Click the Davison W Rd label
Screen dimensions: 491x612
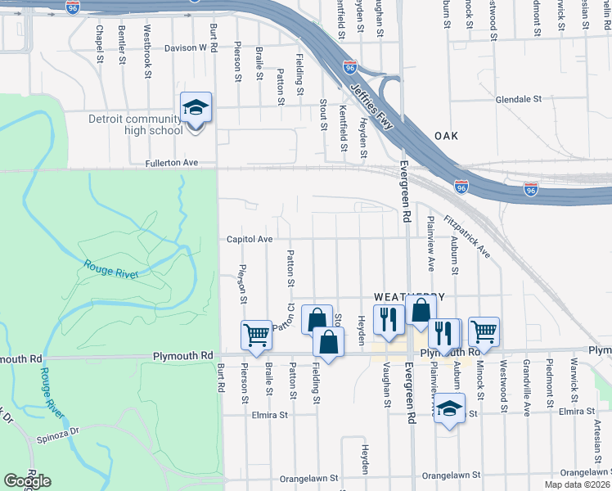coord(187,48)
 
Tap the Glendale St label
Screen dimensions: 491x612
coord(519,99)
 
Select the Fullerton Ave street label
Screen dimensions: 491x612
coord(172,163)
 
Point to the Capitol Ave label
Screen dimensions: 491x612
coord(250,239)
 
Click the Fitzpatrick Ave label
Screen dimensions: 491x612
coord(466,237)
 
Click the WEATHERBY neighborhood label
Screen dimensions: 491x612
coord(409,296)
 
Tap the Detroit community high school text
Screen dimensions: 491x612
coord(135,124)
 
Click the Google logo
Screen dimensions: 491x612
coord(28,481)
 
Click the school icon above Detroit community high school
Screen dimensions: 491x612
coord(196,108)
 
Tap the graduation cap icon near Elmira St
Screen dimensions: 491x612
coord(449,408)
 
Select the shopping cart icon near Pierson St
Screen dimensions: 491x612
coord(257,335)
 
